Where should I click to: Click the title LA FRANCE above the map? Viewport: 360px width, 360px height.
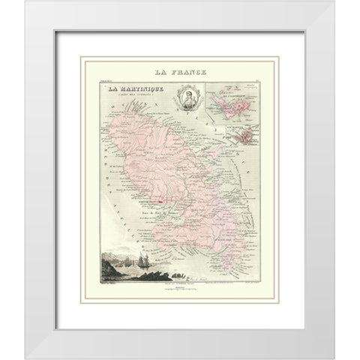tap(180, 73)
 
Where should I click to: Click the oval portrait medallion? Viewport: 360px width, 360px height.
tap(182, 100)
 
